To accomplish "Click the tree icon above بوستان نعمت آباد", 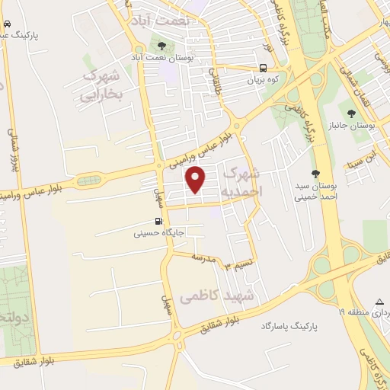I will pos(161,44).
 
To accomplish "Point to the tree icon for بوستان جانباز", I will pos(351,113).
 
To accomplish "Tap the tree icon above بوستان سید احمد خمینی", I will pos(315,173).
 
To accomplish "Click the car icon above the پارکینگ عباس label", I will pos(6,24).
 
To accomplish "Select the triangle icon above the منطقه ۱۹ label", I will pos(379,302).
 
